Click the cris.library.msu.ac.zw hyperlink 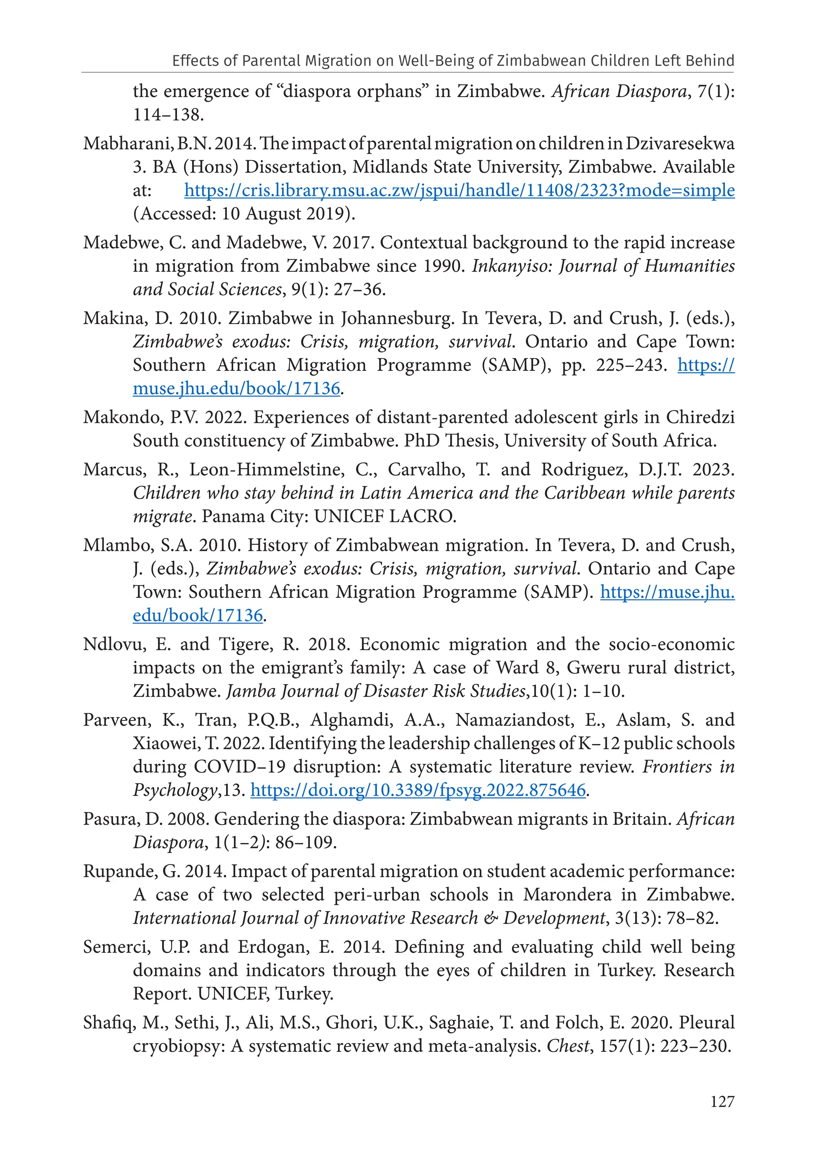click(459, 190)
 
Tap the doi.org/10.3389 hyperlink click(418, 790)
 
